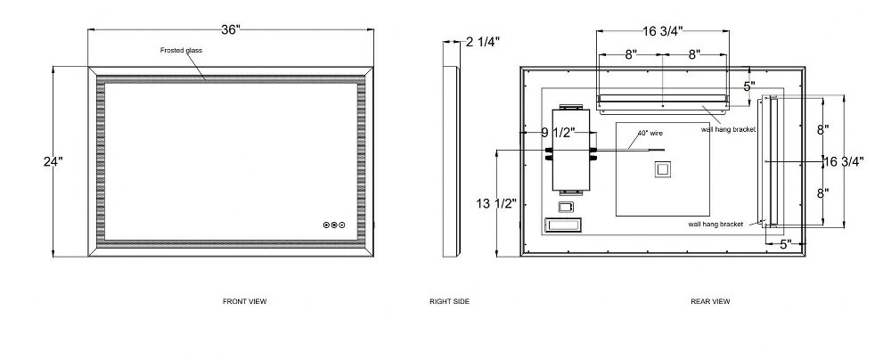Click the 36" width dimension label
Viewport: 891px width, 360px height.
tap(232, 29)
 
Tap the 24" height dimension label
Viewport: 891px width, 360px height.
tap(53, 161)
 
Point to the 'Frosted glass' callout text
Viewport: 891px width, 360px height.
tap(181, 50)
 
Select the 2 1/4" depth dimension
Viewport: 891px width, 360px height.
tap(483, 42)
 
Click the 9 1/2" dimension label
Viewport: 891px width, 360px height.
tap(558, 133)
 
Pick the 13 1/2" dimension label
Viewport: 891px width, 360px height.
tap(496, 203)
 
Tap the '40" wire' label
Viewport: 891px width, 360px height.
tap(650, 133)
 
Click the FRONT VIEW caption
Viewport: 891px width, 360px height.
tap(244, 301)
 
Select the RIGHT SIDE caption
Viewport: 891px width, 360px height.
tap(449, 301)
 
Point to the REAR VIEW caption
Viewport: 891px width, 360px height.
tap(710, 301)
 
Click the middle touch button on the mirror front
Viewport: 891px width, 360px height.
tap(334, 225)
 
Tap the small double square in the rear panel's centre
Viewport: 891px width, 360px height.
tap(663, 170)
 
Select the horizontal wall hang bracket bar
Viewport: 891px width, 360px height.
tap(663, 102)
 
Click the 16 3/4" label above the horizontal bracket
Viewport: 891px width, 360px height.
tap(663, 31)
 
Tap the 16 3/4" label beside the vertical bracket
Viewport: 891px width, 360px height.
tap(844, 161)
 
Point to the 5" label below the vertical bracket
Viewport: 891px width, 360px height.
tap(786, 244)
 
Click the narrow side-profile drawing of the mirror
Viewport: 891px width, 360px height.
tap(452, 161)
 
